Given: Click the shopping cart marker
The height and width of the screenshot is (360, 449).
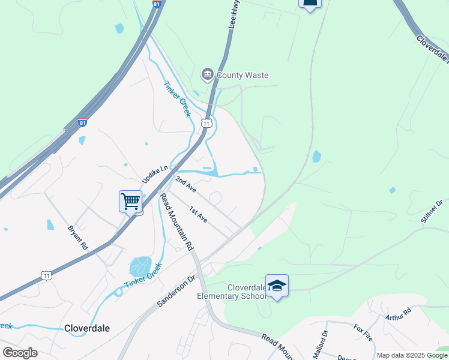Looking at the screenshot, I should point(130,201).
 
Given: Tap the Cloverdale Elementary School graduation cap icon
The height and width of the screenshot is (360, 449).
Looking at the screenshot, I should point(277,286).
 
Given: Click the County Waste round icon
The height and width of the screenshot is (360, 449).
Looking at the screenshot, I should point(207,74).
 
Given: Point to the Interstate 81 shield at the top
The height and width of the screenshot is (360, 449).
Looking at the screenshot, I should point(157,4).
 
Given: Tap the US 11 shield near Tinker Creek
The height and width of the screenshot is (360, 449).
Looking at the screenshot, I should point(206,123).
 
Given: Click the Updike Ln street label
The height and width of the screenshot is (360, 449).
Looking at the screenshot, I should point(154,175).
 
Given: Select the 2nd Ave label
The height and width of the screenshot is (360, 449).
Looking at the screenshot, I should point(185,184).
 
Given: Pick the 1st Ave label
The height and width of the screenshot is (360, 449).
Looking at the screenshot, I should point(198,215).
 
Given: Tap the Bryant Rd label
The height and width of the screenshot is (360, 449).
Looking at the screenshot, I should point(78,238).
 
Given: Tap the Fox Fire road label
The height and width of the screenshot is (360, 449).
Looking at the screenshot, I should point(364,332).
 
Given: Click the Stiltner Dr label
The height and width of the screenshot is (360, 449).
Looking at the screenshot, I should point(432,211).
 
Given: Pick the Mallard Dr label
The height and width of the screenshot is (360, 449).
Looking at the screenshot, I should point(325,341).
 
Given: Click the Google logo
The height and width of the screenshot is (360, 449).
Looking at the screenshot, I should point(20,353).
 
